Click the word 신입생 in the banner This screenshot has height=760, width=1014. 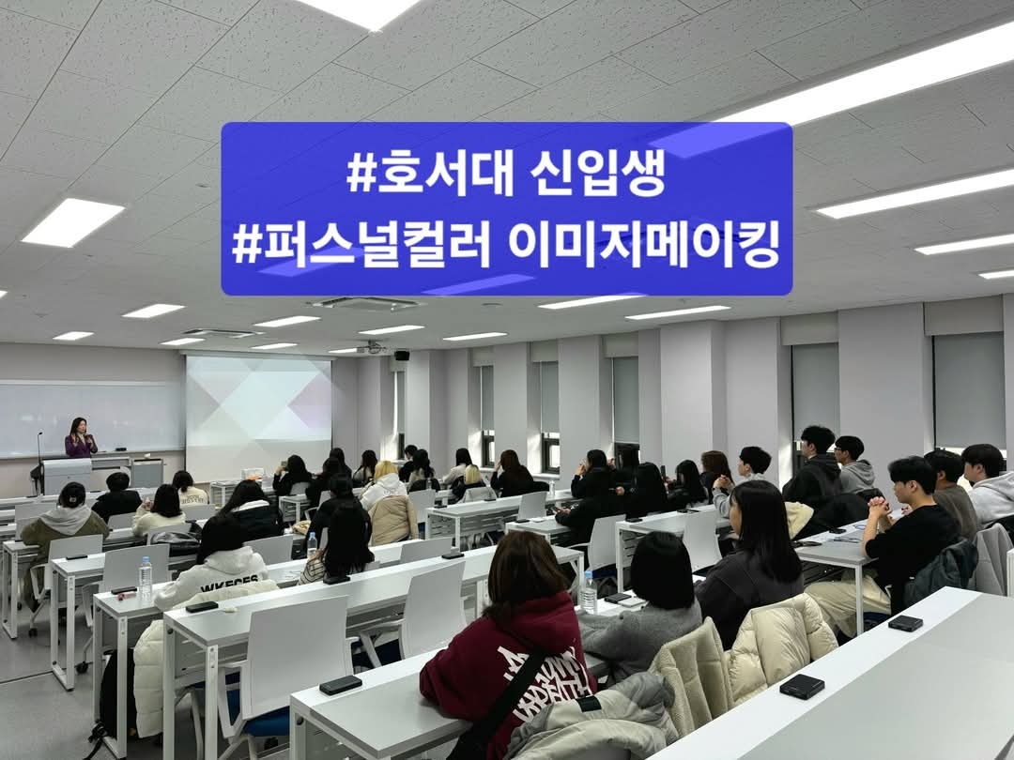pyautogui.click(x=597, y=175)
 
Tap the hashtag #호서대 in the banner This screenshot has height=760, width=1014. pyautogui.click(x=430, y=175)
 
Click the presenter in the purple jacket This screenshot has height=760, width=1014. pyautogui.click(x=80, y=438)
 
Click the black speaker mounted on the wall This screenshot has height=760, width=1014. pyautogui.click(x=402, y=355)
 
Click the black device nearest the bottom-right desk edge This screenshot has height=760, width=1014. pyautogui.click(x=802, y=686)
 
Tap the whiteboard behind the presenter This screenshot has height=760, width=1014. pyautogui.click(x=90, y=418)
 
